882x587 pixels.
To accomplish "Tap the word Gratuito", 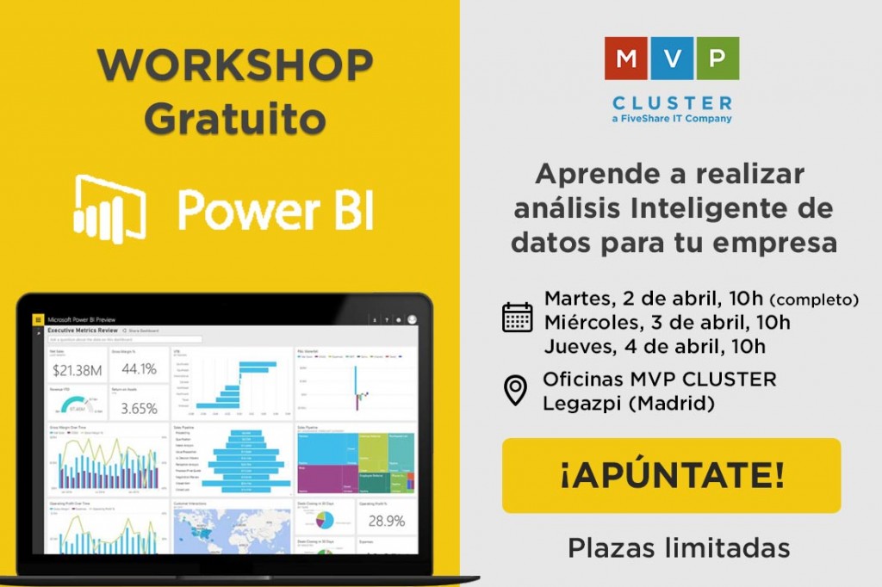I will point(234,118).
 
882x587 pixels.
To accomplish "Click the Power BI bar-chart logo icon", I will point(109,207).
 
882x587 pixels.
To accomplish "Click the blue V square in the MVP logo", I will point(671,58).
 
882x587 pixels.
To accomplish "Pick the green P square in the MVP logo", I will point(716,58).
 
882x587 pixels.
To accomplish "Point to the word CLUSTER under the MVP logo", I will point(671,102).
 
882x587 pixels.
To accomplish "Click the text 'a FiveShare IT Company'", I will point(671,119).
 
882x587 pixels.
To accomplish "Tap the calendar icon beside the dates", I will point(517,317).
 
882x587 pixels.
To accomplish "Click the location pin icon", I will point(515,390).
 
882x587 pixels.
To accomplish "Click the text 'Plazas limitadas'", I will point(679,547).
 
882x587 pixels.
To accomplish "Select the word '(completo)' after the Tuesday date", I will point(814,300).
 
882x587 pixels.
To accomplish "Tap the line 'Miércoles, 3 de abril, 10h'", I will point(667,323).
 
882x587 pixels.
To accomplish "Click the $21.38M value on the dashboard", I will point(78,371).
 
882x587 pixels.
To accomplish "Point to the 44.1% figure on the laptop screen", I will point(138,369).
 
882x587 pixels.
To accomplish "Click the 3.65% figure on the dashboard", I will point(138,408).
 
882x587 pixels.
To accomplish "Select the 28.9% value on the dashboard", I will point(386,521).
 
